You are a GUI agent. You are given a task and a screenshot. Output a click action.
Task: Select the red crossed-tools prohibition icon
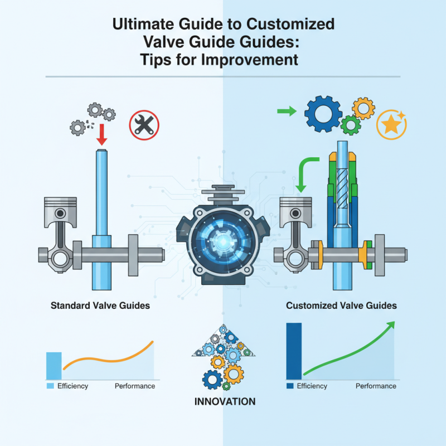(144, 124)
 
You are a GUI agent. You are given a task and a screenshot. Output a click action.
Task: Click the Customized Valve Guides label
(341, 306)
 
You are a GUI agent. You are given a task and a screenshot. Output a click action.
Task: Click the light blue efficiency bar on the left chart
(54, 366)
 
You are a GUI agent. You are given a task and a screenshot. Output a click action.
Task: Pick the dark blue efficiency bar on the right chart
(293, 351)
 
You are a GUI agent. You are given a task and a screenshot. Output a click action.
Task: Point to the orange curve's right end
(152, 342)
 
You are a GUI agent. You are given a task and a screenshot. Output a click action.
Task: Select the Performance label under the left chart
(135, 386)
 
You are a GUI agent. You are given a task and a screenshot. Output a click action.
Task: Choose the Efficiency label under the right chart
(311, 386)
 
